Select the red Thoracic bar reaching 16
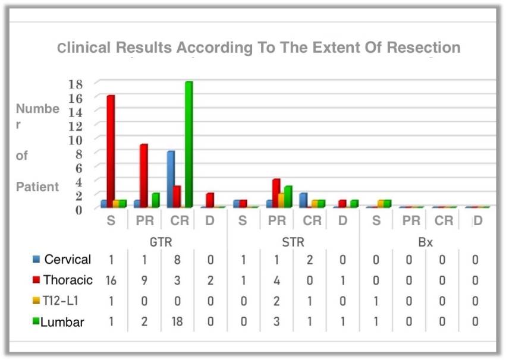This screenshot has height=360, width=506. [x=111, y=151]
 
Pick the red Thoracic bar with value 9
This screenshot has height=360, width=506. [x=144, y=176]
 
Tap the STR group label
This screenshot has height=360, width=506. [x=291, y=242]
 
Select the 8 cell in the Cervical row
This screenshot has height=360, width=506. [x=177, y=260]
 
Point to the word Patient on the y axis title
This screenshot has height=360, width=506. [x=37, y=187]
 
